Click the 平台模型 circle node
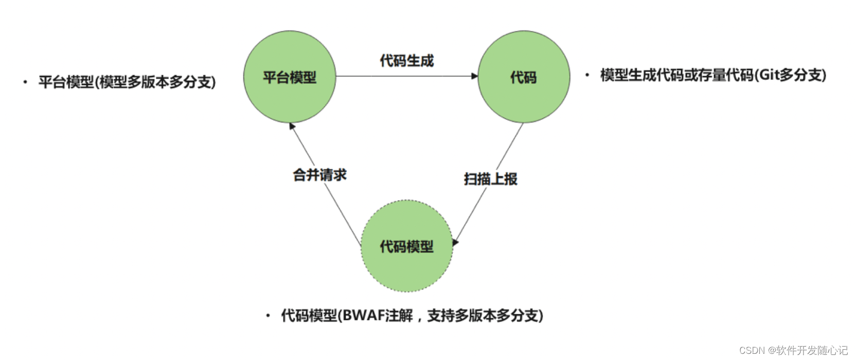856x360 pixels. [290, 77]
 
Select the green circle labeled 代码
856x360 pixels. [524, 77]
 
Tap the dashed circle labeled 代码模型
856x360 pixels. [406, 246]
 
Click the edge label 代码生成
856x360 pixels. [406, 61]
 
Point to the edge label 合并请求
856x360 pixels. [319, 175]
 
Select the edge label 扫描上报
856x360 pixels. [490, 179]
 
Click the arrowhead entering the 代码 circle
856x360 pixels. [475, 76]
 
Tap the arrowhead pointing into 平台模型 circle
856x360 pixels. [292, 127]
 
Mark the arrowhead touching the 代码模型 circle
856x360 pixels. [455, 242]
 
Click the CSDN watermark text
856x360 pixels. [752, 350]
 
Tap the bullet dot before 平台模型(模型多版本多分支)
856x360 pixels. [25, 82]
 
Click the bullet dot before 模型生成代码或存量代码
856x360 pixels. [587, 75]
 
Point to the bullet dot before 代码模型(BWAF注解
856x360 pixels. [267, 315]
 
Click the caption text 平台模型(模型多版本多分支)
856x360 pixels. [127, 82]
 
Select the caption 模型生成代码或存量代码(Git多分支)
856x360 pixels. [713, 75]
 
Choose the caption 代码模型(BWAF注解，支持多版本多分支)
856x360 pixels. [412, 315]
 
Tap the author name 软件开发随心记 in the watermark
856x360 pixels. [812, 350]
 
